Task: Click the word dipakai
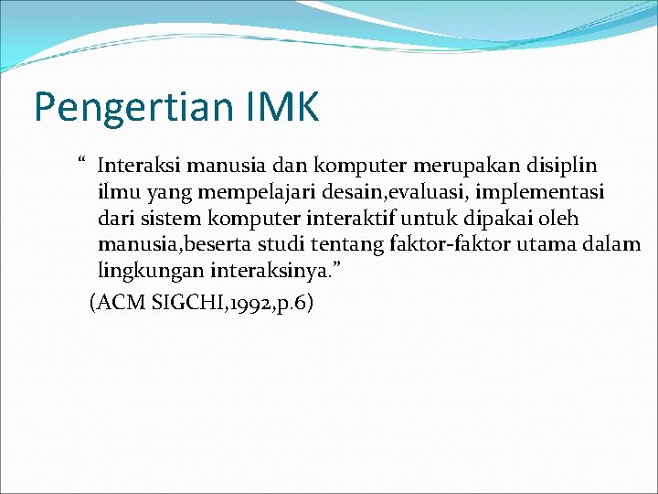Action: (x=498, y=220)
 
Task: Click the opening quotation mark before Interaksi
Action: (x=81, y=163)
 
